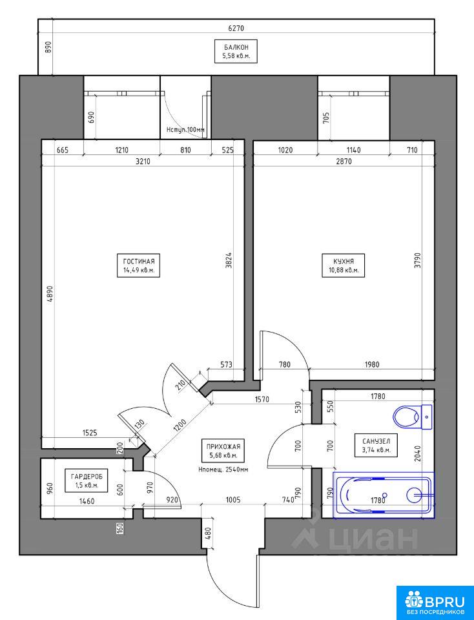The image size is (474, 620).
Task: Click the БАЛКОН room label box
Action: pos(236,51)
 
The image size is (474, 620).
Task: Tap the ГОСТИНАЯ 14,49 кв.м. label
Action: pos(138,265)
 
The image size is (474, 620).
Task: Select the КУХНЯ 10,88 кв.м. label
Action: pos(344,265)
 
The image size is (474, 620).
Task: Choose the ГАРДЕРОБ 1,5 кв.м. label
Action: pos(86,480)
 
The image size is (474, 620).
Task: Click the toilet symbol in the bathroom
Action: pos(413,417)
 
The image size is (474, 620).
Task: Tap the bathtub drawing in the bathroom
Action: pos(384,495)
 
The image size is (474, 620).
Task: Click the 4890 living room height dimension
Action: pos(49,294)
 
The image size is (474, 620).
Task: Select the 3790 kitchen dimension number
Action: pos(418,260)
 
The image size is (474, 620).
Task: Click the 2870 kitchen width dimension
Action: pos(343,161)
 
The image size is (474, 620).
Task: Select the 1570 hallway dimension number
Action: pos(260,399)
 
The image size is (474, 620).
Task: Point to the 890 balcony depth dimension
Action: pos(48,47)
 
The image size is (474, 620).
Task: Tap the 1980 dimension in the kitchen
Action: pos(371,364)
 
